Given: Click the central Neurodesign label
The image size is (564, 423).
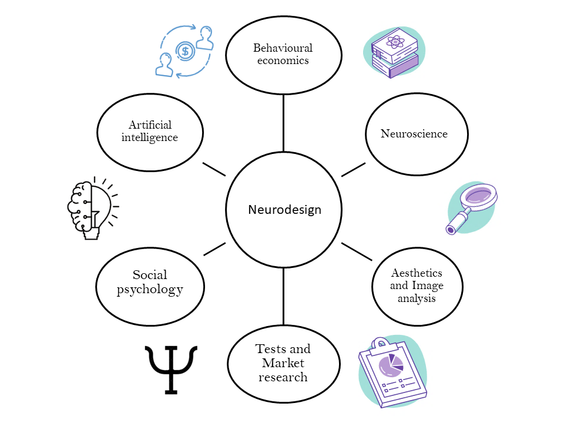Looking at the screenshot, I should tap(284, 210).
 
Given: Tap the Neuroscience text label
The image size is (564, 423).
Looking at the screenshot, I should tap(414, 133).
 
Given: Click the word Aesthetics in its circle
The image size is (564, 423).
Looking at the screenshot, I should tap(417, 273).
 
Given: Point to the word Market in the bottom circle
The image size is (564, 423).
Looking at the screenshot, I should tap(283, 363).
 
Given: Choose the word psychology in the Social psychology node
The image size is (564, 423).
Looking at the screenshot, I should tap(150, 289).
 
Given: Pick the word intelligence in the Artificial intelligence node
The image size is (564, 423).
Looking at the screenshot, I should tap(149, 137).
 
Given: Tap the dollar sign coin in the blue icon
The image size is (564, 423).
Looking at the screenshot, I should tap(186, 51).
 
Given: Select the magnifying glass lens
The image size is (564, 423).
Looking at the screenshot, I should tap(481, 195).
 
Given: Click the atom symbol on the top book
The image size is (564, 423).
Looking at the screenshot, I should tap(394, 42).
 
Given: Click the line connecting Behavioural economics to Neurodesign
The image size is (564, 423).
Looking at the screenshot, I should tap(283, 123).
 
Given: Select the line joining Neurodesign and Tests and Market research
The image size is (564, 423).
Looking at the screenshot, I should tap(283, 297).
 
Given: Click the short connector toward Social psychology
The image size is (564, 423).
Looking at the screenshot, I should tap(214, 249).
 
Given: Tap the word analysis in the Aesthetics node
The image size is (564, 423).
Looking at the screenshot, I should tap(417, 298).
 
